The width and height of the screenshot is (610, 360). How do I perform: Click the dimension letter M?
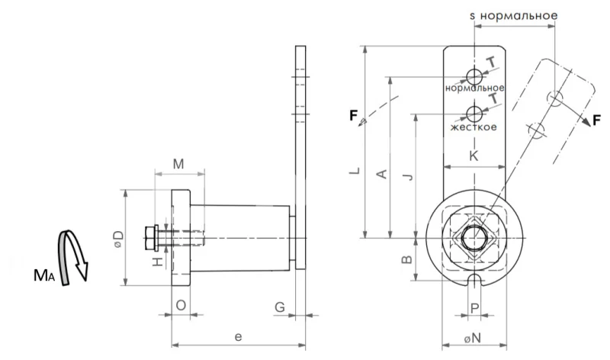(x=178, y=164)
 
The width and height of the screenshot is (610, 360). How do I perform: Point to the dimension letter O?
(x=180, y=305)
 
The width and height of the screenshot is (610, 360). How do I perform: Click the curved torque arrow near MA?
(x=74, y=256)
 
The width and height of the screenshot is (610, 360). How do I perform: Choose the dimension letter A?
(x=383, y=174)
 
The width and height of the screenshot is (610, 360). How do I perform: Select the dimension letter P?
(x=474, y=309)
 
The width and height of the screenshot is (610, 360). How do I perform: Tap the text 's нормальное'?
(x=513, y=14)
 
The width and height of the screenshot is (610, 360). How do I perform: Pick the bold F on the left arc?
(x=354, y=116)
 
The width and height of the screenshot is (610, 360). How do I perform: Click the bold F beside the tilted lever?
(x=599, y=121)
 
